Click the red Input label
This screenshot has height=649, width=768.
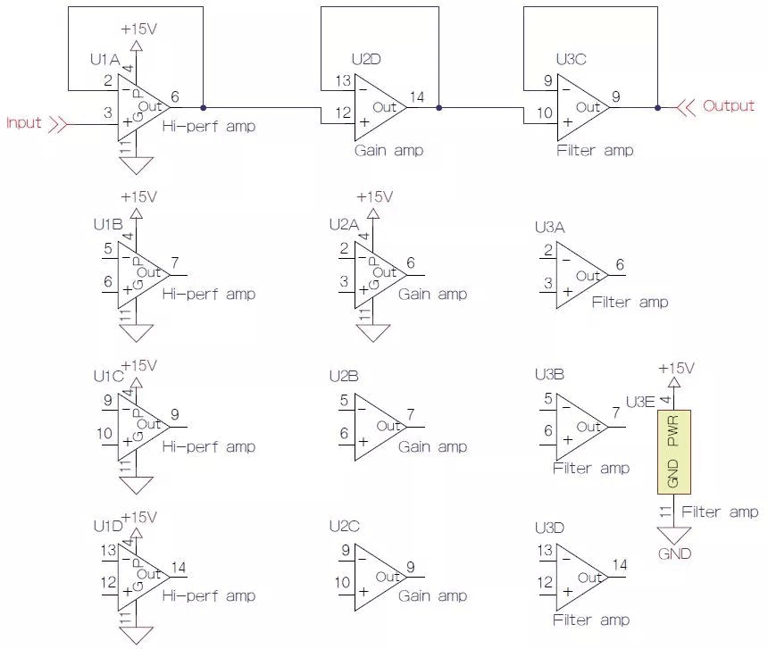[24, 122]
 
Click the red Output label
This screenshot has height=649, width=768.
[729, 105]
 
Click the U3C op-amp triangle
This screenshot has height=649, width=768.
[581, 106]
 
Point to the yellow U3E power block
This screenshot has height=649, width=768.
[673, 453]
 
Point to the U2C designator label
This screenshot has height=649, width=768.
[344, 527]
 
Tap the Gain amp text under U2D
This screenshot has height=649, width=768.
[388, 150]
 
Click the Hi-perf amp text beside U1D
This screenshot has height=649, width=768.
[208, 595]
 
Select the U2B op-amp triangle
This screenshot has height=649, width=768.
[380, 428]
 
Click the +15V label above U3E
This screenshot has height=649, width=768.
[675, 368]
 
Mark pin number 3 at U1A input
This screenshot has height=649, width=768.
[108, 112]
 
